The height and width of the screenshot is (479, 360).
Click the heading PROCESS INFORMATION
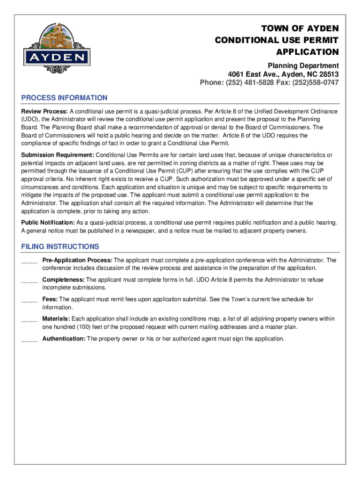click(65, 98)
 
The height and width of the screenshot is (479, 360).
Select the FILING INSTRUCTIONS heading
click(60, 247)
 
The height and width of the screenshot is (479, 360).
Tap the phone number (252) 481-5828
click(246, 83)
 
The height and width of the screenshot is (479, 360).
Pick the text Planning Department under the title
click(303, 65)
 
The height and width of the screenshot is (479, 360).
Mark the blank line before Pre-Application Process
click(29, 261)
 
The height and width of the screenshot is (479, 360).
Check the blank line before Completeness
click(29, 281)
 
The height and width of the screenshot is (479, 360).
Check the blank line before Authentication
click(29, 340)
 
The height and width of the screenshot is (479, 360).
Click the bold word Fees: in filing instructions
click(50, 299)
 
